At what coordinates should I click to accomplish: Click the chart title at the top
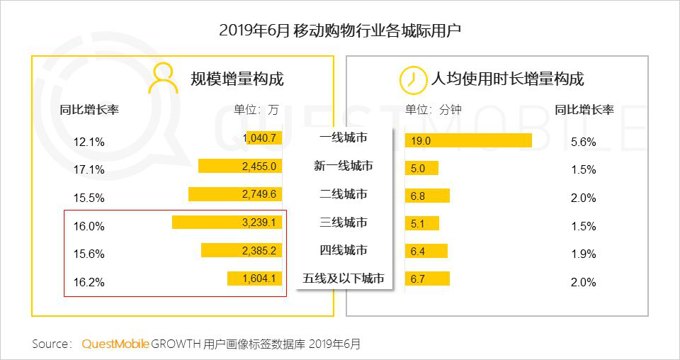coord(340,30)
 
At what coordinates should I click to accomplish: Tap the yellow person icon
coord(163,79)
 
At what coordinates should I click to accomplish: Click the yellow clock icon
coord(410,79)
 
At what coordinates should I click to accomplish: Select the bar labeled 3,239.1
coord(227,223)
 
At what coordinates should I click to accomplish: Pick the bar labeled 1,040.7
coord(261,138)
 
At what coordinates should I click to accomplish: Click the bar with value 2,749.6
coord(236,194)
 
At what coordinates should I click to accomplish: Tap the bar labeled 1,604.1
coord(256,279)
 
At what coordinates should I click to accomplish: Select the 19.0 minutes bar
coord(468,140)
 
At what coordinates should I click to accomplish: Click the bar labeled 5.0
coord(421,169)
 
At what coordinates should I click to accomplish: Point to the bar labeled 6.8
coord(427,196)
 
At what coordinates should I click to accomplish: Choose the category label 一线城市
coord(343,137)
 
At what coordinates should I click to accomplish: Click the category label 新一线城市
coord(343,166)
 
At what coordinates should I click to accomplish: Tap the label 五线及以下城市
coord(344,279)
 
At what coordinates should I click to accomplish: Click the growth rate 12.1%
coord(89,142)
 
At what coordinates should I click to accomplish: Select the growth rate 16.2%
coord(89,282)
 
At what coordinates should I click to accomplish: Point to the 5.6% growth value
coord(583,142)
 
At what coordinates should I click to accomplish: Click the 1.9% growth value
coord(583,254)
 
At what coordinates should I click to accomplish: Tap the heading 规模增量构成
coord(237,79)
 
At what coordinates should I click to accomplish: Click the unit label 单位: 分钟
coord(433,110)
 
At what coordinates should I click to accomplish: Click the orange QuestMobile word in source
coord(115,344)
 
